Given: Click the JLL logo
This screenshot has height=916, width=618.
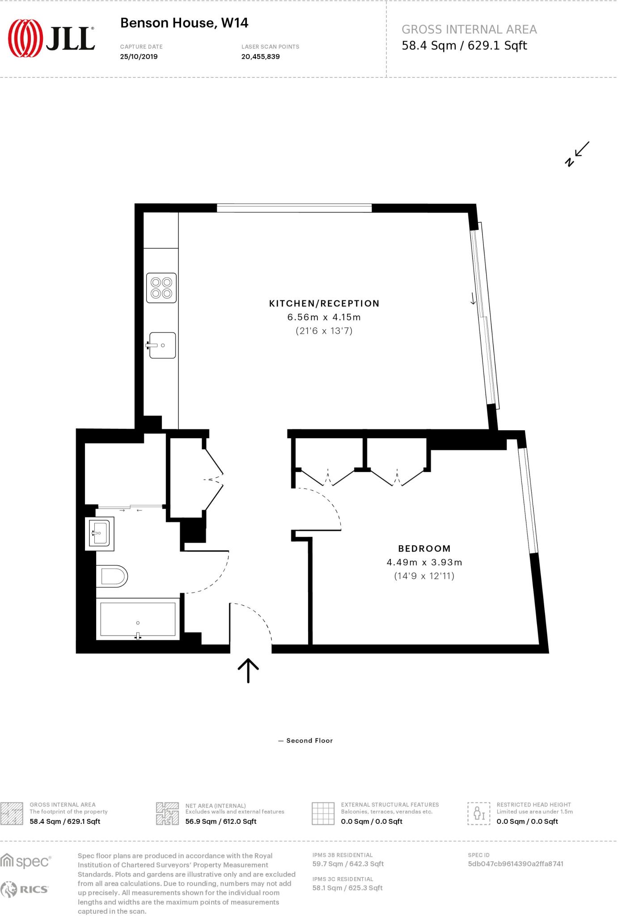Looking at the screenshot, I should pos(51,38).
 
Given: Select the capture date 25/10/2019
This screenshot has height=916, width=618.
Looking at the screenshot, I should pos(139,57).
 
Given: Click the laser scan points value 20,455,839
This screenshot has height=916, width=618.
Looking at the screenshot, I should pos(260,57).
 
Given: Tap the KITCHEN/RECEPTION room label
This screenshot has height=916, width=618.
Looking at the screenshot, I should pos(324,304).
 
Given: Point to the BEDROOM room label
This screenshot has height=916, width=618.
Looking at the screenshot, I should pos(424,548).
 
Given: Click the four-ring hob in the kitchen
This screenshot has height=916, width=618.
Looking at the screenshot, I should pos(161,288).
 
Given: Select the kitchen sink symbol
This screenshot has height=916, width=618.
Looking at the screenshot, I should pos(162,345).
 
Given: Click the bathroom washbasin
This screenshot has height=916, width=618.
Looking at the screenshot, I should pos(99,533).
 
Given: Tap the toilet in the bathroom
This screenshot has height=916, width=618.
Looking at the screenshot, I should pos(112,577).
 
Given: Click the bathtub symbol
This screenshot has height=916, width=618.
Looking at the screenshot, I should pos(138,619).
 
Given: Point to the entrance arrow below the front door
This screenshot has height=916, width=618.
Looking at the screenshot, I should pos(248,670).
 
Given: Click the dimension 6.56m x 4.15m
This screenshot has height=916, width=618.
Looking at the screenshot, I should pos(324,318).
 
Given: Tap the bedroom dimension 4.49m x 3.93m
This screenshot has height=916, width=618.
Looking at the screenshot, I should pos(424,562).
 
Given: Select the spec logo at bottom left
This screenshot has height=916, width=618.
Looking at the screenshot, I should pos(25,861).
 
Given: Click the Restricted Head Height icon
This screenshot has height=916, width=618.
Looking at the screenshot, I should pos(478,813).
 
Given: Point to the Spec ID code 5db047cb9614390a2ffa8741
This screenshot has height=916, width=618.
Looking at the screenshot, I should pos(515,864).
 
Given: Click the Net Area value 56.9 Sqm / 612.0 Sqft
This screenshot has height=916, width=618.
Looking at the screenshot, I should pos(220,821).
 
